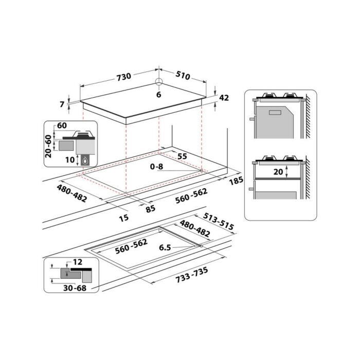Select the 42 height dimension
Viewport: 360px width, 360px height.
224,98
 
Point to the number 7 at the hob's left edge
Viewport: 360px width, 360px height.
62,104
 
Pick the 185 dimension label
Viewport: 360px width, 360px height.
237,181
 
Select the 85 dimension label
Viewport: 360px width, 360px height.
150,209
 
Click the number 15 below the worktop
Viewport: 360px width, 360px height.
123,218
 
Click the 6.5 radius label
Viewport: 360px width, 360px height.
165,247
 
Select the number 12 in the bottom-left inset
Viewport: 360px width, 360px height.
77,262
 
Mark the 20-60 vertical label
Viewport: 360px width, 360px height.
48,146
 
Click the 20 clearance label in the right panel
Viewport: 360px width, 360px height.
278,172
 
